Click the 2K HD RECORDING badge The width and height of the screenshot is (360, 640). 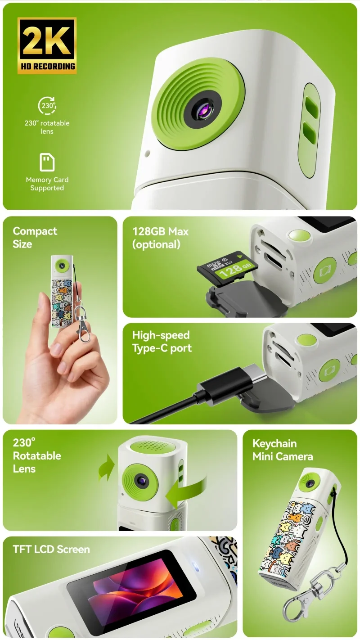pyautogui.click(x=47, y=46)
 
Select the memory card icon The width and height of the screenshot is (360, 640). pyautogui.click(x=47, y=162)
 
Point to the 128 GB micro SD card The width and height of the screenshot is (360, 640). pyautogui.click(x=228, y=268)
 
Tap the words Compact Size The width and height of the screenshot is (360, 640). pyautogui.click(x=35, y=238)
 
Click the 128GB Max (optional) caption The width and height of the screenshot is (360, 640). pyautogui.click(x=160, y=238)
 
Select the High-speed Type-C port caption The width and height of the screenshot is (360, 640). pyautogui.click(x=162, y=342)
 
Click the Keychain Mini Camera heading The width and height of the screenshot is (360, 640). pyautogui.click(x=283, y=450)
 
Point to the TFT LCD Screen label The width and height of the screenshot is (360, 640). pyautogui.click(x=51, y=549)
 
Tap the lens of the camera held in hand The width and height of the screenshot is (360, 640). pyautogui.click(x=62, y=266)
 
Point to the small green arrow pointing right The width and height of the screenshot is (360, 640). pyautogui.click(x=106, y=468)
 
